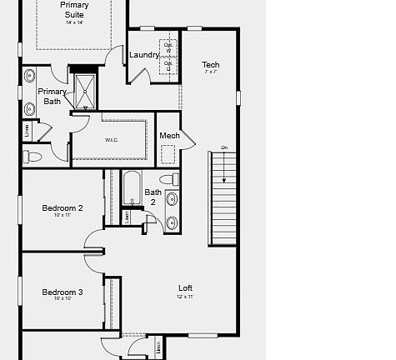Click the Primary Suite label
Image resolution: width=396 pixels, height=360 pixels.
point(74,9)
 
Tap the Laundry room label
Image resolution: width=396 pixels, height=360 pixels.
point(144,55)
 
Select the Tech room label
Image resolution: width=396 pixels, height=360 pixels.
point(211,64)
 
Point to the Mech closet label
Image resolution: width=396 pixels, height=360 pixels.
point(169,136)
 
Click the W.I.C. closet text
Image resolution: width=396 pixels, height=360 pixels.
point(112,140)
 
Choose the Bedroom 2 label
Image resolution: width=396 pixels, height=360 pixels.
point(63,207)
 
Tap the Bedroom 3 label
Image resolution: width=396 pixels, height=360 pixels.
point(63,292)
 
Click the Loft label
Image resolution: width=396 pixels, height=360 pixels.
point(185,287)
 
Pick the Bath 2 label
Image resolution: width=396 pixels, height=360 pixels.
point(153,197)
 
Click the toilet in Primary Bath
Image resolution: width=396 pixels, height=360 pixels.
point(33,156)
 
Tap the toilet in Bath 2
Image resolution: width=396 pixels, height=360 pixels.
point(168,179)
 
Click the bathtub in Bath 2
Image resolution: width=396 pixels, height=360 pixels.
point(132,189)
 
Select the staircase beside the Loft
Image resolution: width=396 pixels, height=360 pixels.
point(223,198)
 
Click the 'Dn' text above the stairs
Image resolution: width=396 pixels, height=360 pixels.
point(223,147)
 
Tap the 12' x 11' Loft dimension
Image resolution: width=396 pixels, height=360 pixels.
point(185,297)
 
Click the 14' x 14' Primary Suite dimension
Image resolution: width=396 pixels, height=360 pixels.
point(74,22)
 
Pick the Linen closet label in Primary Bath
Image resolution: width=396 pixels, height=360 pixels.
point(28,130)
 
